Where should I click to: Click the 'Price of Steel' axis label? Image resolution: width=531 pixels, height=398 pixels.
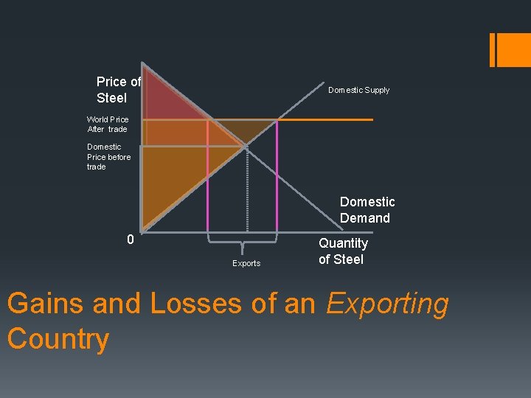coord(118,90)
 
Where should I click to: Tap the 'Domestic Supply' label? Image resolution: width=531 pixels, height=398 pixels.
coord(358,90)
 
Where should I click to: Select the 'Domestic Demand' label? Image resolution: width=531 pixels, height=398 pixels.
coord(367,210)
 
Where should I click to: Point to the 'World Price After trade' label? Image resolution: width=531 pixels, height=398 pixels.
coord(107,124)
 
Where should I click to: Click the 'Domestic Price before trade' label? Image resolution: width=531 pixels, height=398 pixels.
coord(108,156)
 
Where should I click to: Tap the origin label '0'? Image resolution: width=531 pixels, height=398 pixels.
coord(130,240)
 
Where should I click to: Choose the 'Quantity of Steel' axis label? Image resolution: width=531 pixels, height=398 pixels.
coord(342,251)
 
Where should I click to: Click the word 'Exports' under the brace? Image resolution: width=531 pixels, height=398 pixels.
coord(246,263)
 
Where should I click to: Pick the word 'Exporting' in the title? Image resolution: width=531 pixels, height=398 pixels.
coord(387,304)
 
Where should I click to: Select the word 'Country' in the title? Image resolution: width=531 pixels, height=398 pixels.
coord(58,339)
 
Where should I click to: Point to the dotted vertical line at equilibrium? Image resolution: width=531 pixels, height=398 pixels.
coord(246,192)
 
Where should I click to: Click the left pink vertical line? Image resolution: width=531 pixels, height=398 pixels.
coord(208,177)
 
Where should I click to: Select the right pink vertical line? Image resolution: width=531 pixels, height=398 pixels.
coord(277,177)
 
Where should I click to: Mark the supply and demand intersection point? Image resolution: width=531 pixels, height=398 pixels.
coord(246,147)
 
